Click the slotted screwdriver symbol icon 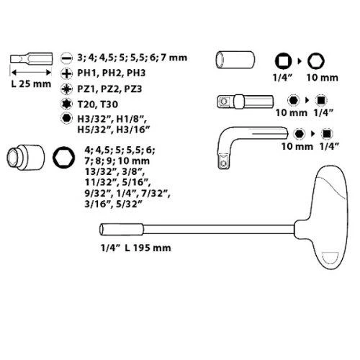pos(66,58)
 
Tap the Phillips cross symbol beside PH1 pos(66,73)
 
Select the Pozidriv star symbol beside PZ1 pos(66,89)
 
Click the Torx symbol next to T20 pos(66,104)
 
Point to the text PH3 pos(136,73)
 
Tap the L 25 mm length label pos(31,84)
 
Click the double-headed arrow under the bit pos(31,72)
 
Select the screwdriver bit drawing pos(31,58)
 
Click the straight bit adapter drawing pos(245,102)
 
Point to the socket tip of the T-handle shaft pos(122,230)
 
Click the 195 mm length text pos(152,248)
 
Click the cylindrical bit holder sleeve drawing pos(235,60)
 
